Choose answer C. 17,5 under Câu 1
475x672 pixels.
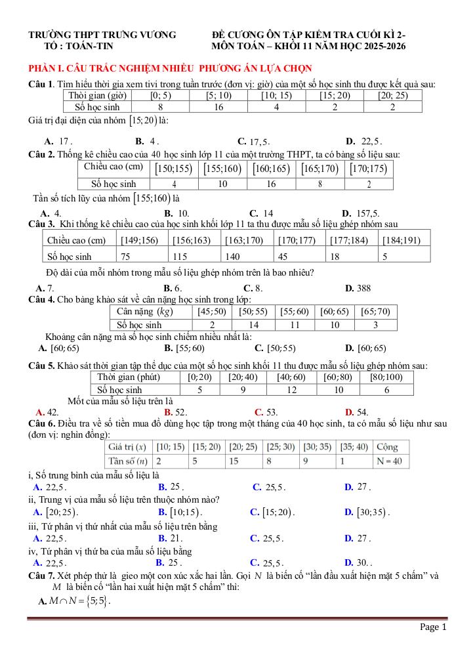tap(254, 141)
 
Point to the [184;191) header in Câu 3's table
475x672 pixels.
tap(402, 240)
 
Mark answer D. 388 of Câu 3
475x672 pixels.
tap(358, 287)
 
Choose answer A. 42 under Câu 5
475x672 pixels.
tap(49, 412)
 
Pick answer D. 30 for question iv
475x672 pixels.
tap(359, 562)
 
